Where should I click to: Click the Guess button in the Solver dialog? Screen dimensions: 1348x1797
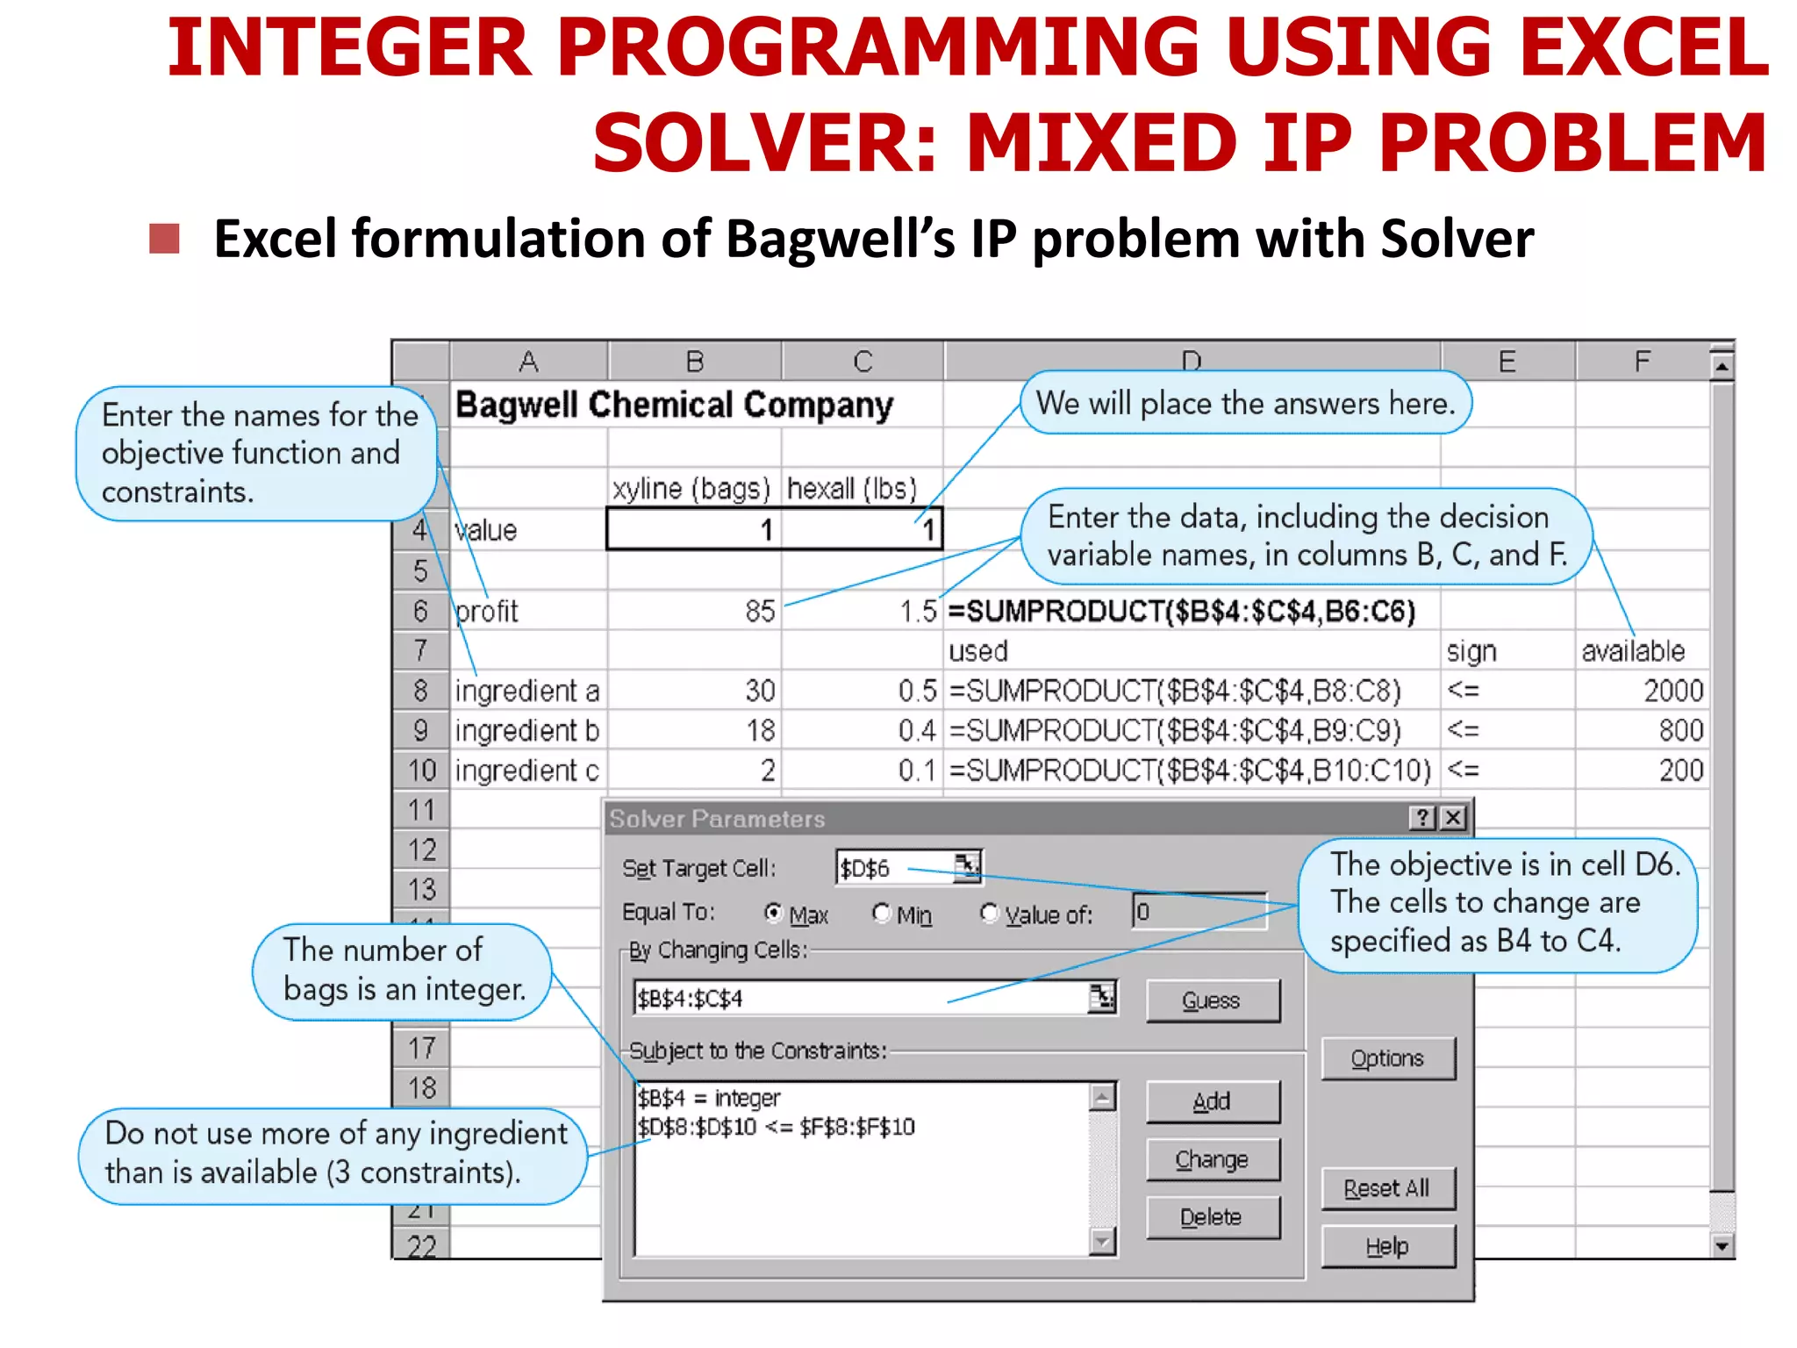coord(1213,1000)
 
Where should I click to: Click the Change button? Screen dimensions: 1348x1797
coord(1213,1159)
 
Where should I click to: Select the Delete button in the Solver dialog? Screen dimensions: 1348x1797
coord(1213,1217)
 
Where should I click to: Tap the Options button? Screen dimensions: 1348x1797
coord(1387,1058)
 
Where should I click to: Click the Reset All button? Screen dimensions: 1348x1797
coord(1387,1188)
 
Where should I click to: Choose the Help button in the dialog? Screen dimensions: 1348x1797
coord(1387,1246)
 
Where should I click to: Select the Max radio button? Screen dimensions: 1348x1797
coord(773,914)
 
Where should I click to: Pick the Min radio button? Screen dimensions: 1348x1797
coord(881,914)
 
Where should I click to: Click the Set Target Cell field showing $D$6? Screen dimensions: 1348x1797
coord(895,868)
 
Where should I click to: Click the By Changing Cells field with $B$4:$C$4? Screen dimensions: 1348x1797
coord(860,999)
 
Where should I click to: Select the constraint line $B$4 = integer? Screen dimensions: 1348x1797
coord(709,1098)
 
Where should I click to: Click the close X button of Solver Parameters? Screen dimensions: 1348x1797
coord(1453,818)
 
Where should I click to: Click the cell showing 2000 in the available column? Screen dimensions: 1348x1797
coord(1672,691)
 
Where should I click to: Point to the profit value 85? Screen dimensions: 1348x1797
coord(760,611)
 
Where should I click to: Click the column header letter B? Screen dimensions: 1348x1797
coord(695,362)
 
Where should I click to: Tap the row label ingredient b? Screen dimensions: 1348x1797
coord(526,730)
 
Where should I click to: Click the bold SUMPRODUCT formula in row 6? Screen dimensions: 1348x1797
coord(1181,611)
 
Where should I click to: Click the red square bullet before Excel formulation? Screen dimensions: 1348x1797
coord(164,239)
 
